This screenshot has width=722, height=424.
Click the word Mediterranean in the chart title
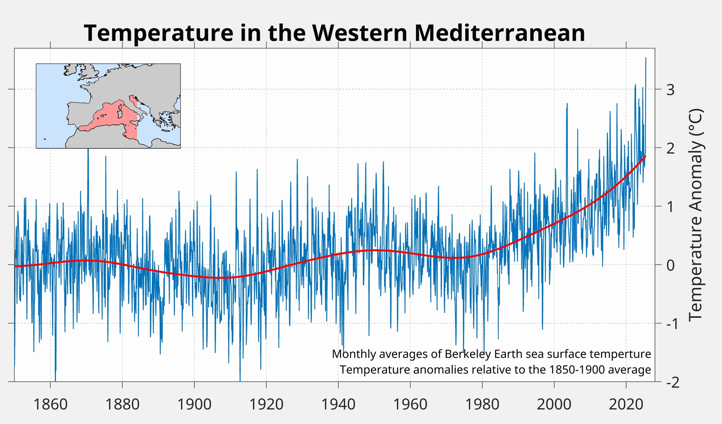[x=500, y=33]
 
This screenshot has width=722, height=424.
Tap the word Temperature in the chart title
[x=159, y=33]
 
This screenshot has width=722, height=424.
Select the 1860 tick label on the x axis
[x=50, y=404]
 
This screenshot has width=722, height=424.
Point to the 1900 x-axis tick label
[x=194, y=404]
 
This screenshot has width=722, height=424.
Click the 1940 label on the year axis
[x=338, y=404]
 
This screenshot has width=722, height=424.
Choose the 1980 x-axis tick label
[x=482, y=404]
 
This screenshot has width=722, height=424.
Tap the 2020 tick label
[x=626, y=404]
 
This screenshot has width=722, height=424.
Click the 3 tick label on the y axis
[x=670, y=90]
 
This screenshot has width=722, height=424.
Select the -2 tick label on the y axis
[x=673, y=382]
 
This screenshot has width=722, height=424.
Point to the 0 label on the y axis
[x=670, y=265]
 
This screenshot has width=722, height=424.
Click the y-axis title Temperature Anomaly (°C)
[x=696, y=215]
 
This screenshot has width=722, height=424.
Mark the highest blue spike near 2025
[x=646, y=58]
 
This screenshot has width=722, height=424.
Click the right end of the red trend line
[x=646, y=157]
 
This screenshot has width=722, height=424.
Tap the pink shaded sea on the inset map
[x=110, y=116]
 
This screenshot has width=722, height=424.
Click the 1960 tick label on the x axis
[x=410, y=404]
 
